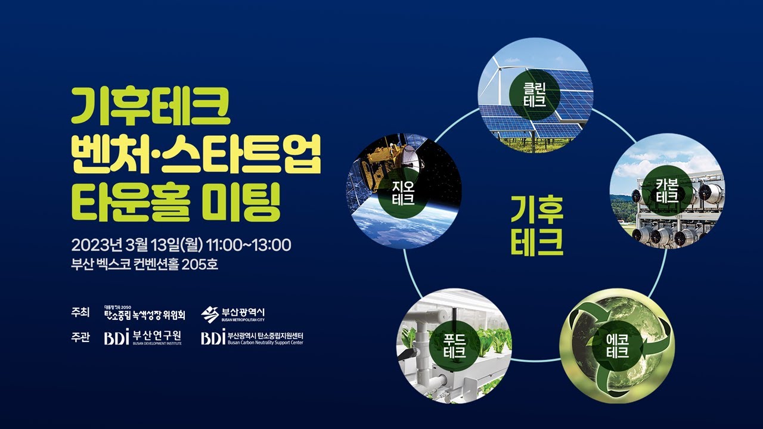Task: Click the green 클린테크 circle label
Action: [x=535, y=95]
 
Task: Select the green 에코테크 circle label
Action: [x=618, y=346]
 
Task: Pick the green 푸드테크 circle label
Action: [x=455, y=346]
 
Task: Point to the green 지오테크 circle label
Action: [x=404, y=192]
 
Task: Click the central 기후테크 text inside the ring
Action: [x=537, y=225]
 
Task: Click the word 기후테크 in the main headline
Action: [x=151, y=105]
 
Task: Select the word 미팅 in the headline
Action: [x=241, y=202]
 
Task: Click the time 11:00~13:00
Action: [x=249, y=245]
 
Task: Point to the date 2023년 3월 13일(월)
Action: [x=137, y=245]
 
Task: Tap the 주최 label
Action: [x=80, y=313]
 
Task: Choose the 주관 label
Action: [x=80, y=337]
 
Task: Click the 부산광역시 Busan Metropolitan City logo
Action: [x=232, y=314]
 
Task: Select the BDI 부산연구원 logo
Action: [x=143, y=337]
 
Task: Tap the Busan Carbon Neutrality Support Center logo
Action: [x=252, y=337]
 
